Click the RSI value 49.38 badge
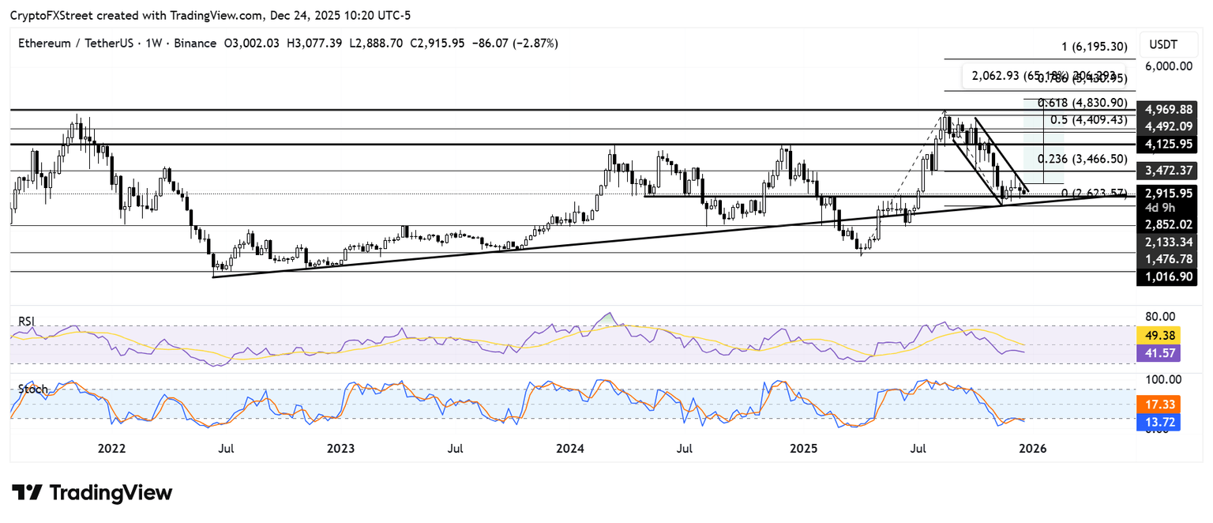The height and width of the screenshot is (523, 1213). pyautogui.click(x=1159, y=335)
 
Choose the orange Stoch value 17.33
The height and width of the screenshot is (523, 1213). pyautogui.click(x=1159, y=404)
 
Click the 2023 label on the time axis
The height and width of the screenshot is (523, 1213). pyautogui.click(x=340, y=449)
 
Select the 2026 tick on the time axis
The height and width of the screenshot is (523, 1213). pyautogui.click(x=1033, y=449)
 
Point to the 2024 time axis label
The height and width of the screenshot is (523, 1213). pyautogui.click(x=569, y=449)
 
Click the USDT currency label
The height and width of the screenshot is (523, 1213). pyautogui.click(x=1163, y=44)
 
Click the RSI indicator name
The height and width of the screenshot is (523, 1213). pyautogui.click(x=28, y=322)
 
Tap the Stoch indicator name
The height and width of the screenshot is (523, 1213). pyautogui.click(x=33, y=389)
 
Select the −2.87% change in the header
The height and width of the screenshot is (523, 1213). pyautogui.click(x=534, y=43)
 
